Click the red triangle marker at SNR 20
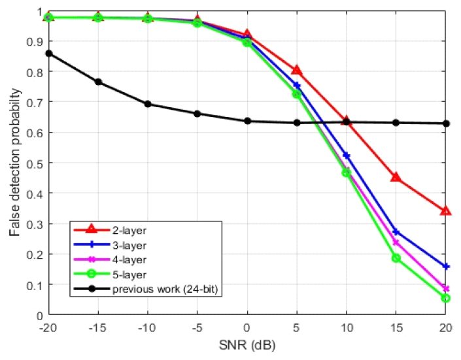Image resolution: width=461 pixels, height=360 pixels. click(x=445, y=210)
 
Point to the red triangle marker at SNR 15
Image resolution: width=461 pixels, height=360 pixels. click(x=396, y=177)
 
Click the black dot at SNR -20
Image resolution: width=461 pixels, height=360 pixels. click(x=48, y=54)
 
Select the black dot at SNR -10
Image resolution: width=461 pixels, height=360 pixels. click(x=148, y=104)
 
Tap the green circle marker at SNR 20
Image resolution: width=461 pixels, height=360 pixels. click(x=445, y=298)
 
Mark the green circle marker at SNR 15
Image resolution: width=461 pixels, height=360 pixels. click(x=396, y=258)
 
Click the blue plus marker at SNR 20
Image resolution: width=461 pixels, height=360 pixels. click(x=445, y=267)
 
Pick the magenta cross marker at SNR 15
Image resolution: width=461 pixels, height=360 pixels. click(x=396, y=243)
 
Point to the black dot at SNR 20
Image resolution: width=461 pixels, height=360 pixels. click(x=445, y=123)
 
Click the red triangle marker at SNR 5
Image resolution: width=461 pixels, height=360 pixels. click(x=296, y=70)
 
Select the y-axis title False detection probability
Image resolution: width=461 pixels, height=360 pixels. click(x=14, y=163)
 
